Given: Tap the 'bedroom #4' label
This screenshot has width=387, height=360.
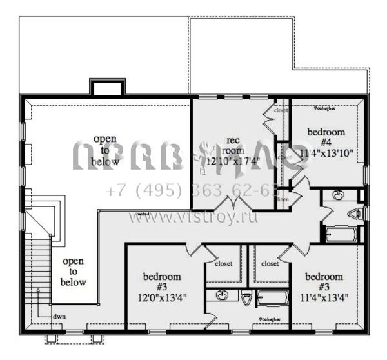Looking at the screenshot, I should click(x=326, y=137).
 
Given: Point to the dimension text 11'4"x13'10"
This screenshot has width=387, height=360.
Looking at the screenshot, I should click(x=326, y=153).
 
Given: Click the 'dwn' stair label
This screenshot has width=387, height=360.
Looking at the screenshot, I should click(x=59, y=317).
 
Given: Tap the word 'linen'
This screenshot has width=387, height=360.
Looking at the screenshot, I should click(x=283, y=201).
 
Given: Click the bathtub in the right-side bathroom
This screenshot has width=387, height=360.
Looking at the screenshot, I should click(x=339, y=234).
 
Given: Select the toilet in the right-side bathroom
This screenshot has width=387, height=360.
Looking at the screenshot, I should click(x=355, y=214).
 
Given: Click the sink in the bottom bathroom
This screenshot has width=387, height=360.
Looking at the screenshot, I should click(x=221, y=297).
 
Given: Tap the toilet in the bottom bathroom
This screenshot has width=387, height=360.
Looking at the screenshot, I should click(x=246, y=298).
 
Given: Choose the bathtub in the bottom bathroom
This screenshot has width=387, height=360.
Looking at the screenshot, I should click(x=273, y=297).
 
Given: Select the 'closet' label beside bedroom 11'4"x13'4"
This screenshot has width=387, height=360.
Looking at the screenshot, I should click(x=270, y=264).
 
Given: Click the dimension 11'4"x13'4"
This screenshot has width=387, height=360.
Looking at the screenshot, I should click(x=325, y=297).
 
